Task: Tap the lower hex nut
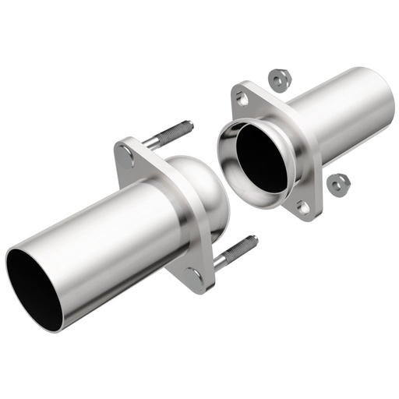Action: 338,184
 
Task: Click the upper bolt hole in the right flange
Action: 243,99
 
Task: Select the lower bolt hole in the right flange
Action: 302,207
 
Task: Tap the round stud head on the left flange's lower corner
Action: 193,274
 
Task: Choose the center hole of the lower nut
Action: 338,183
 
